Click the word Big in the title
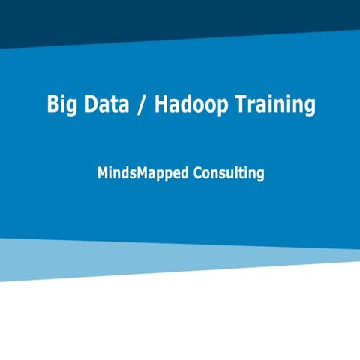[62, 104]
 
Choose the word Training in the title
[271, 104]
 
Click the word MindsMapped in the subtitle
[142, 173]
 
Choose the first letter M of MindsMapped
[103, 172]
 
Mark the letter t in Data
[118, 104]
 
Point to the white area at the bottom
[180, 322]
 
